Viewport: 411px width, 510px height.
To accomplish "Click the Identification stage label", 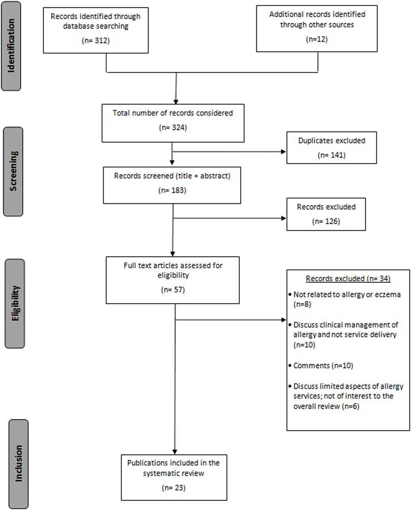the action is [x=11, y=46].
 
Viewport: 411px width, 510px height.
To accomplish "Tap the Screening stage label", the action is [x=13, y=171].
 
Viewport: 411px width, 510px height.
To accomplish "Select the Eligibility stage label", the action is [x=15, y=304].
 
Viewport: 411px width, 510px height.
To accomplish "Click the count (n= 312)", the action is [x=96, y=41].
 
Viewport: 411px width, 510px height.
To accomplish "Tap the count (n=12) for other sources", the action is [x=317, y=39].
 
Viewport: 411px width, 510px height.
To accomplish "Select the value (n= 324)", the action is [x=173, y=127].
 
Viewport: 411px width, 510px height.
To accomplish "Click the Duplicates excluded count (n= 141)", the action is [x=332, y=155].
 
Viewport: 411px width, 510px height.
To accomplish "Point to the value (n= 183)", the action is [x=172, y=190].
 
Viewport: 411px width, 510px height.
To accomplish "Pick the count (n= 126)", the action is [x=326, y=221].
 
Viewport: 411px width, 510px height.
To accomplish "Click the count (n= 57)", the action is [x=173, y=290].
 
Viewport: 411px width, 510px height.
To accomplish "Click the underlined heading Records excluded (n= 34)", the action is [x=348, y=279].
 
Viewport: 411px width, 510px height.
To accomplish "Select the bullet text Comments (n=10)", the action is [x=323, y=366].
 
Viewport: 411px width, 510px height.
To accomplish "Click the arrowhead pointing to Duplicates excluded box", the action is [x=284, y=152].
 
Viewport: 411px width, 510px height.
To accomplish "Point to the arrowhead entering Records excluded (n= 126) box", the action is [x=284, y=218].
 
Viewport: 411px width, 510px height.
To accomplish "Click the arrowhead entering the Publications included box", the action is [x=174, y=451].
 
